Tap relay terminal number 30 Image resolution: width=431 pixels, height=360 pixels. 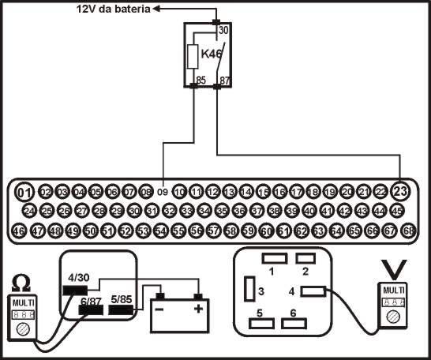pos(223,30)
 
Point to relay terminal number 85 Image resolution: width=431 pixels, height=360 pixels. pos(201,80)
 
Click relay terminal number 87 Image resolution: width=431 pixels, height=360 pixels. pos(223,80)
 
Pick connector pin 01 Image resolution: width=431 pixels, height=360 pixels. pos(25,192)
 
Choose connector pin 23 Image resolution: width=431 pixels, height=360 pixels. pos(400,192)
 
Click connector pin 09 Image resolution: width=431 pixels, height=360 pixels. pos(163,192)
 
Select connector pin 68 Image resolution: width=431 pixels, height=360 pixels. pos(408,231)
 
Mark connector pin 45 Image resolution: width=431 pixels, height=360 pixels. pos(398,211)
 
